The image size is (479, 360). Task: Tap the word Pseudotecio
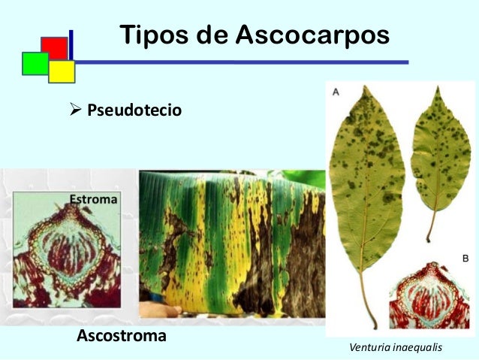coord(134,110)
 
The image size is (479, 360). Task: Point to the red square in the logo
coord(54,47)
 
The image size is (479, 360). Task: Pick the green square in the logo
coord(35,63)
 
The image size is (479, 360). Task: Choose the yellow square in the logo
coord(62,71)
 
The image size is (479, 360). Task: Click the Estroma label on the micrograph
coord(94,199)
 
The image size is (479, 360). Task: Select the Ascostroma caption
coord(122,335)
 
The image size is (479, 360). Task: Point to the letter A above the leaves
coord(336,91)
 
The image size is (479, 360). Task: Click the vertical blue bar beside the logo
coord(71,45)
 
